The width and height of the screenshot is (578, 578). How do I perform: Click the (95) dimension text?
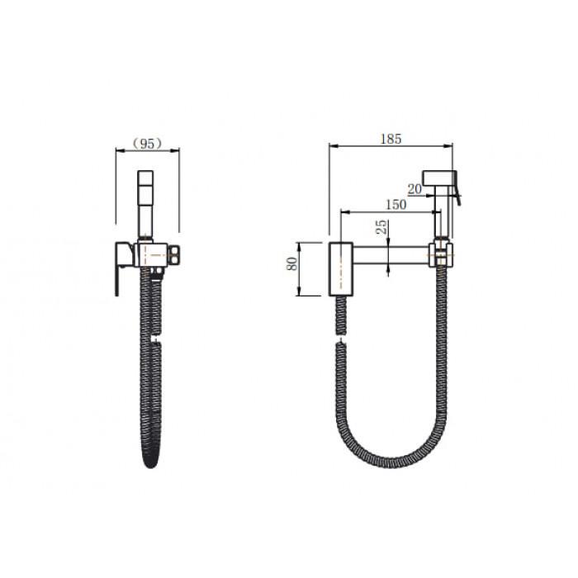click(147, 144)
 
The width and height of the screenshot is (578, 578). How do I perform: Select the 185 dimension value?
click(391, 139)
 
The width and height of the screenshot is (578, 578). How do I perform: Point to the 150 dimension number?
click(396, 204)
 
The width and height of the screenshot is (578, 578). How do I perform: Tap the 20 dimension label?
click(415, 189)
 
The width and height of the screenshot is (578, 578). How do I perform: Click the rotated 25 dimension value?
click(382, 227)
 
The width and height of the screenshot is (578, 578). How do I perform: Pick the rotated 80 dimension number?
click(292, 263)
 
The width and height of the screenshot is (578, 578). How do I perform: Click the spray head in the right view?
click(439, 178)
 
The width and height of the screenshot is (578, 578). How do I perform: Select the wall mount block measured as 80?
click(340, 268)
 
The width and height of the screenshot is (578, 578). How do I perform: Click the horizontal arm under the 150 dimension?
click(391, 255)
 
